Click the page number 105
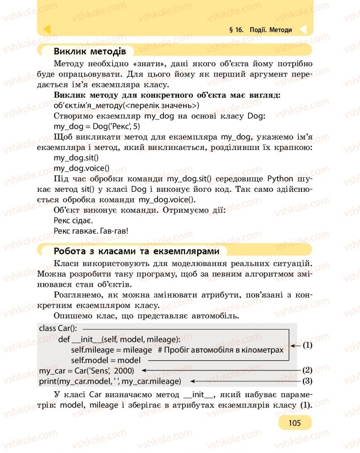tap(295, 422)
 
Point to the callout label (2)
tap(307, 370)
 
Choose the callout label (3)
tap(307, 381)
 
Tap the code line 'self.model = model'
tap(106, 360)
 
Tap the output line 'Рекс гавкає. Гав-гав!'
tap(90, 231)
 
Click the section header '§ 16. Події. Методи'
tap(261, 30)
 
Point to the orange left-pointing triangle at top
tap(46, 30)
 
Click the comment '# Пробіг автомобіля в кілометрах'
tap(221, 350)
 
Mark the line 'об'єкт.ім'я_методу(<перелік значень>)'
tap(126, 106)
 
